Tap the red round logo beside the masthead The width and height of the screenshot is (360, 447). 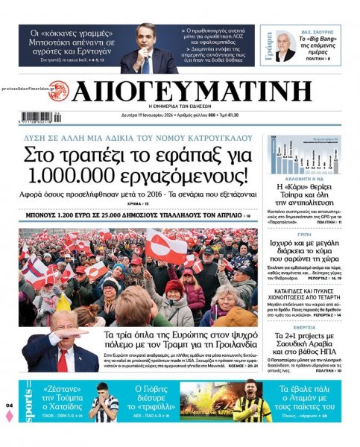[57, 92]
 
